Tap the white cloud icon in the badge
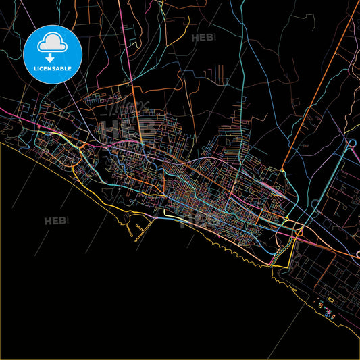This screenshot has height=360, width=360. pos(53,43)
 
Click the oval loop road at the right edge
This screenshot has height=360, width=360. pos(352,144)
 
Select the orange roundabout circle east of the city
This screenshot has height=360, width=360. pos(298,232)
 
